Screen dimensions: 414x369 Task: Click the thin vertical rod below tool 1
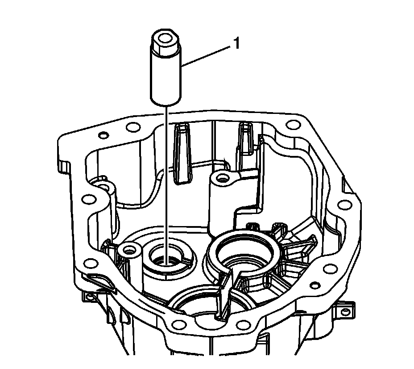tap(166, 179)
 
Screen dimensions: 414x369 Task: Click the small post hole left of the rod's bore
tap(129, 248)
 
